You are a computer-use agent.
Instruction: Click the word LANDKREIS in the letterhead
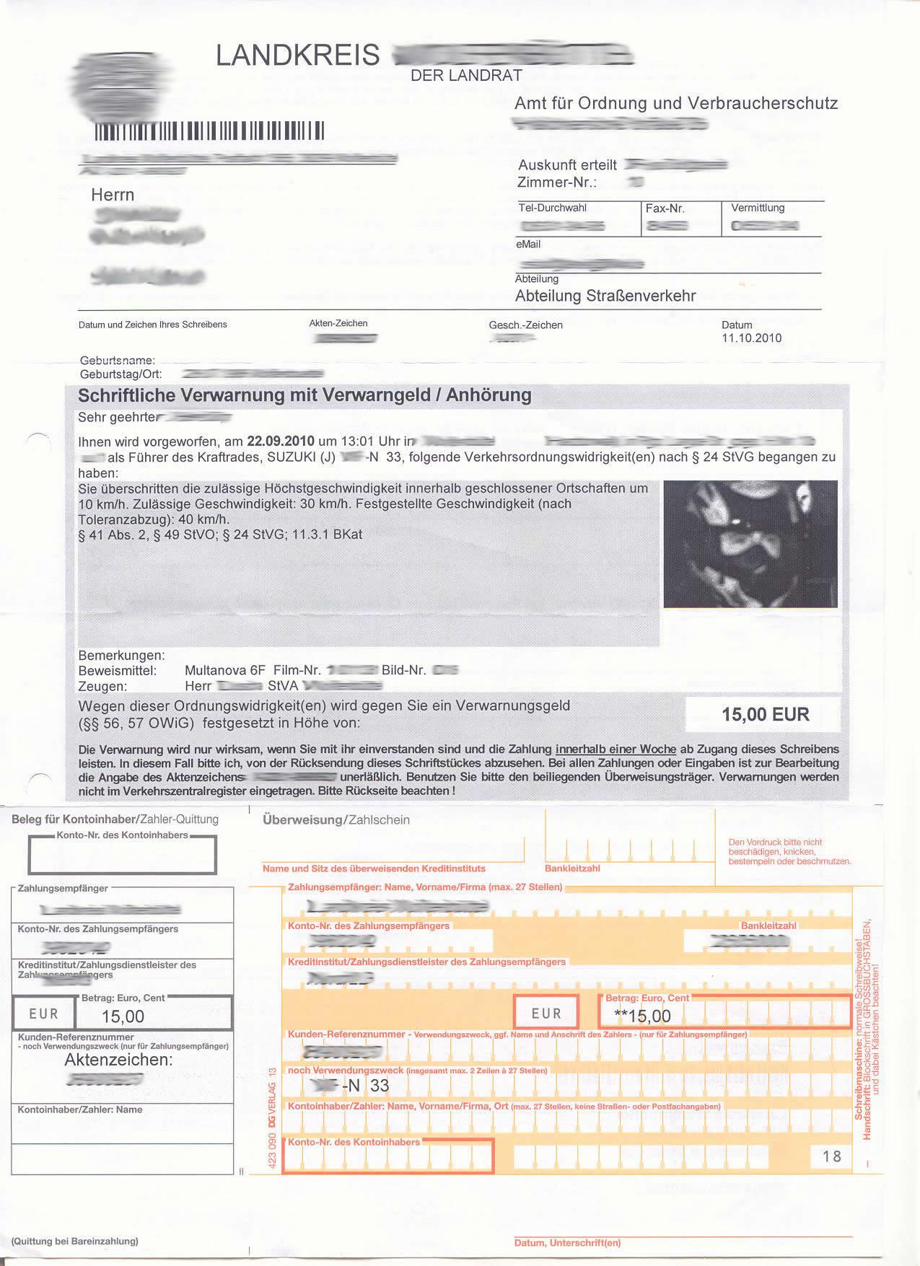(297, 55)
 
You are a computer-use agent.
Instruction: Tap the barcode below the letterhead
(210, 131)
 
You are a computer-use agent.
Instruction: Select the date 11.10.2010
(751, 338)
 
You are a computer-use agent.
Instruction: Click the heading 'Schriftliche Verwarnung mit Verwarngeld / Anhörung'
(305, 395)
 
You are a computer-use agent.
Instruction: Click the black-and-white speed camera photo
(750, 544)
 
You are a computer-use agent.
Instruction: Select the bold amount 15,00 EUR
(766, 714)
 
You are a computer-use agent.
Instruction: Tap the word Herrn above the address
(113, 195)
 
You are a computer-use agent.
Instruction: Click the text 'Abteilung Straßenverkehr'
(605, 296)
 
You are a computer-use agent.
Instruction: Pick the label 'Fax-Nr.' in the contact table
(665, 208)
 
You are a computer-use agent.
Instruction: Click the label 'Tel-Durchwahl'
(552, 208)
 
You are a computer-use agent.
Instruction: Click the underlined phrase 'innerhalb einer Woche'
(615, 749)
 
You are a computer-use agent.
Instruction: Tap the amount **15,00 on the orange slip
(641, 1016)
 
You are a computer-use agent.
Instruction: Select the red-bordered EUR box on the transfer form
(546, 1013)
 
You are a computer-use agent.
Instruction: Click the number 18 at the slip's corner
(832, 1156)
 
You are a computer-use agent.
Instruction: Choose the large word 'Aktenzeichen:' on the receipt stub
(118, 1060)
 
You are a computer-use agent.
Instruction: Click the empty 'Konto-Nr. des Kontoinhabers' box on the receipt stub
(122, 856)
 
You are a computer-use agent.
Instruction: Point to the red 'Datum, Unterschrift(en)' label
(567, 1243)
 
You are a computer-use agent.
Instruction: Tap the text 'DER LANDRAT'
(466, 75)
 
